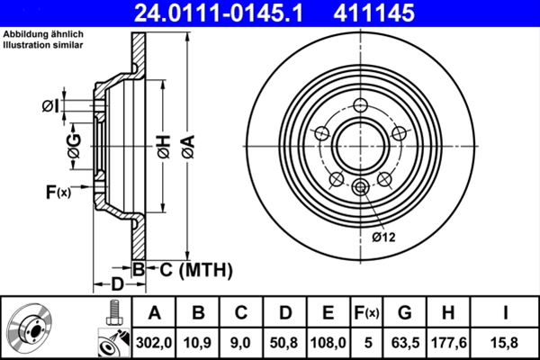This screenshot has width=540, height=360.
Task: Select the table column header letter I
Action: tap(507, 313)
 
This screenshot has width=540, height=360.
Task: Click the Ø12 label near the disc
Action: tap(384, 238)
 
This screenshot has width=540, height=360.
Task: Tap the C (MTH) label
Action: tap(191, 269)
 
